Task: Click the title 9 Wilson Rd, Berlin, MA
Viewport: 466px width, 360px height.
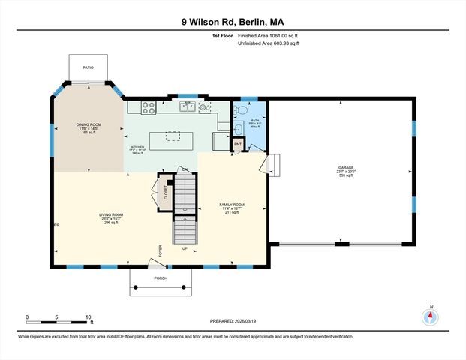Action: [x=233, y=22]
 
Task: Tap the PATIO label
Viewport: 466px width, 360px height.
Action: [x=89, y=67]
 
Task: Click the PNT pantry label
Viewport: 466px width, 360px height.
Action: [x=238, y=143]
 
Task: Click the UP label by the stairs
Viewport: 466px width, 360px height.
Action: [x=185, y=248]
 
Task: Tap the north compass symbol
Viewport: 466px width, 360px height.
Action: [x=431, y=316]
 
